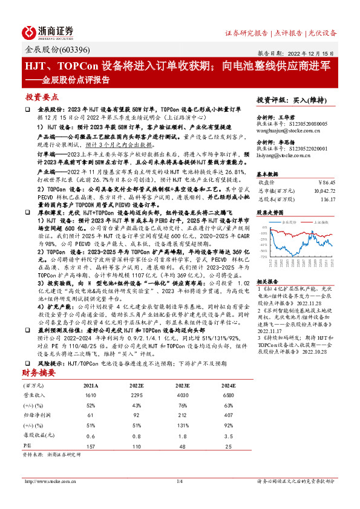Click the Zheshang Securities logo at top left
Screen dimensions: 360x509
point(48,31)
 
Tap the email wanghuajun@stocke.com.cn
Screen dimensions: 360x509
point(284,128)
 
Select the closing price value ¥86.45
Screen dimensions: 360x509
point(326,181)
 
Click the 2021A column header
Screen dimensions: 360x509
point(91,384)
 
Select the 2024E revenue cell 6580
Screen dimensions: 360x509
point(229,393)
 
